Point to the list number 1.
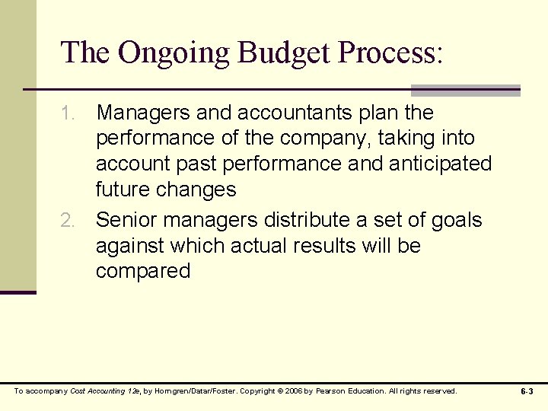68,113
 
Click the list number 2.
68,221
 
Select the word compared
143,272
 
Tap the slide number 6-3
527,391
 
